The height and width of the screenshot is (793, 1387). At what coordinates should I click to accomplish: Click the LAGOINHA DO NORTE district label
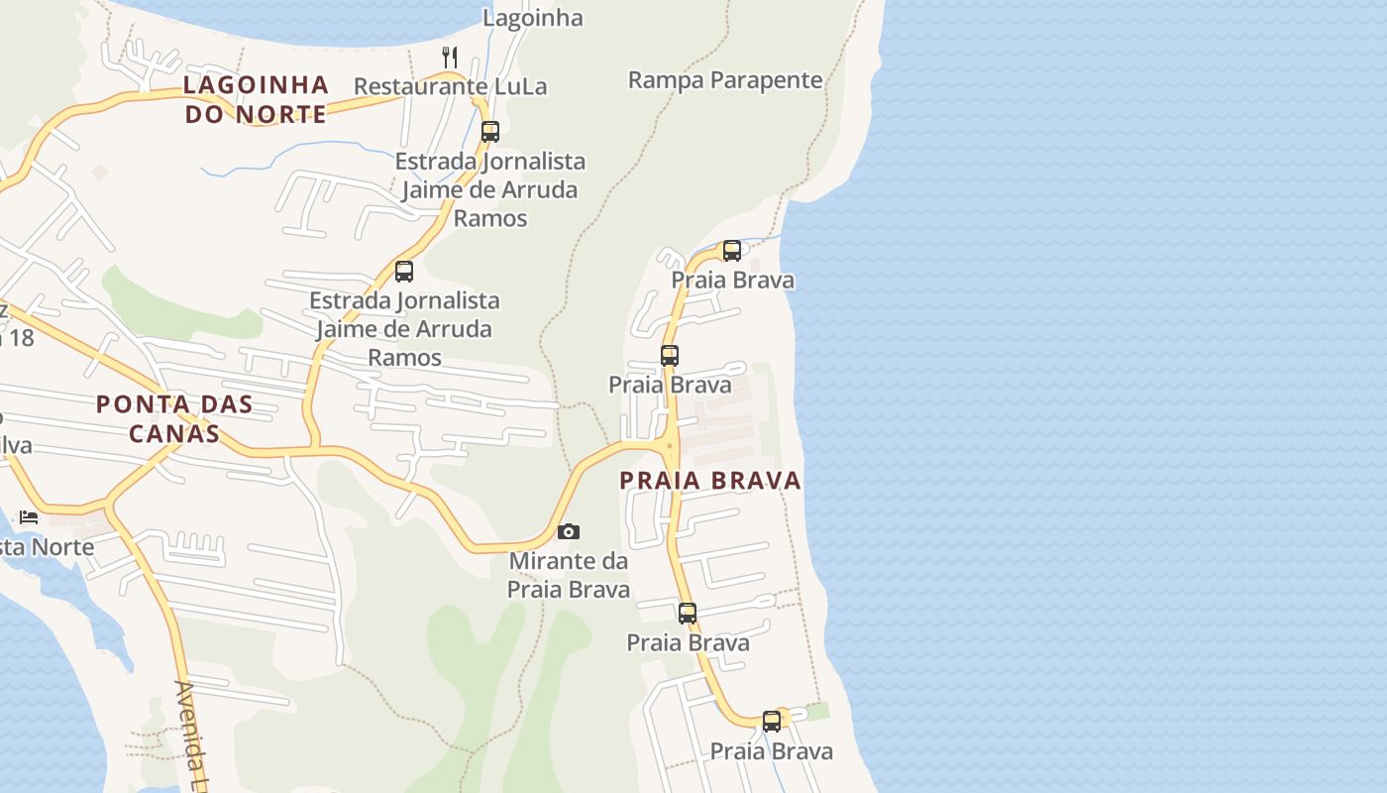click(256, 99)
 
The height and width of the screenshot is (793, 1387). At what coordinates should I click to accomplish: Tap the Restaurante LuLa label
click(450, 86)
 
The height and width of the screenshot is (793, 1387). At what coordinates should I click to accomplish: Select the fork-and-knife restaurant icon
click(450, 57)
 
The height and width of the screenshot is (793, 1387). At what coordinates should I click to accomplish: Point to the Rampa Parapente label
click(725, 80)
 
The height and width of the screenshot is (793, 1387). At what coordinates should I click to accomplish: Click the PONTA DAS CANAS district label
click(174, 418)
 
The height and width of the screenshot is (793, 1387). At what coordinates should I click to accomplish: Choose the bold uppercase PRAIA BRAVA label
click(710, 481)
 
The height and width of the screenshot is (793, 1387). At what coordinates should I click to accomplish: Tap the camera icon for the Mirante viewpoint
click(568, 532)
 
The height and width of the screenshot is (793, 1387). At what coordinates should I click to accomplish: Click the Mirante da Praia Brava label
click(569, 575)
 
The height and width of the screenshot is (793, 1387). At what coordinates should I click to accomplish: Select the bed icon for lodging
click(29, 516)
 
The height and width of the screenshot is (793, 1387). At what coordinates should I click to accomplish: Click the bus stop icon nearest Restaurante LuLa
click(489, 131)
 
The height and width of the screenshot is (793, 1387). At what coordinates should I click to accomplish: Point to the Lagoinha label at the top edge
click(532, 18)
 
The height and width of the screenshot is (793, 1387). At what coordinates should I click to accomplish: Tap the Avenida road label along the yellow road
click(195, 734)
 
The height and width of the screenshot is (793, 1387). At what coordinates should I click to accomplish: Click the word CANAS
click(174, 433)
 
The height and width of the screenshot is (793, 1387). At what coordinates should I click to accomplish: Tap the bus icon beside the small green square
click(772, 721)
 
